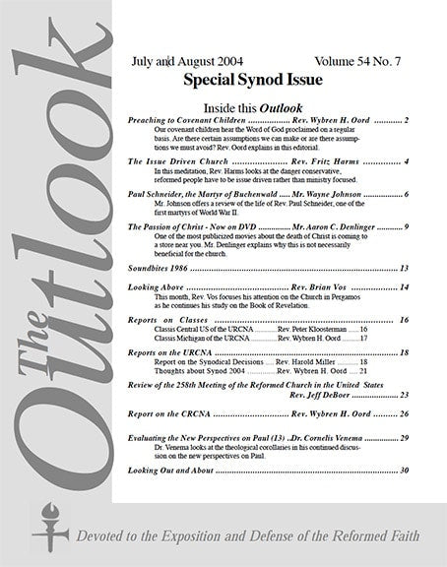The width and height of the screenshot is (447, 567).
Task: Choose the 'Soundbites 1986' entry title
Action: pos(163,268)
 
